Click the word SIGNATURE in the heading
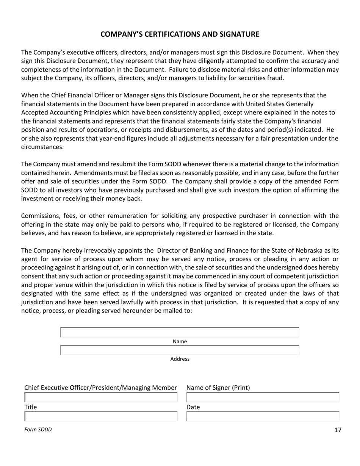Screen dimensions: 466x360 tap(240, 34)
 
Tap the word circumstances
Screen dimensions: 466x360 tap(42, 147)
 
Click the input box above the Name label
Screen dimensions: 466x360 tap(180, 333)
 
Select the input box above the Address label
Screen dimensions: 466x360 tap(180, 350)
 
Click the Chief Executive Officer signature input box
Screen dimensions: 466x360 tap(101, 397)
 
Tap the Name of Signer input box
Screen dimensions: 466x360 tap(263, 397)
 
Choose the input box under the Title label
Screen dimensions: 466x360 tap(101, 417)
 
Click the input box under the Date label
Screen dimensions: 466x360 tap(263, 417)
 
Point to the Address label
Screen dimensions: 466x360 tap(180, 359)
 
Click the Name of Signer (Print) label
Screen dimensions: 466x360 tap(218, 388)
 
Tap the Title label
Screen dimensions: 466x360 tap(31, 407)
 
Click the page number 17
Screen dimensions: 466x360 tap(338, 430)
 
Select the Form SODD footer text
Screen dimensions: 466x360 tap(38, 430)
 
